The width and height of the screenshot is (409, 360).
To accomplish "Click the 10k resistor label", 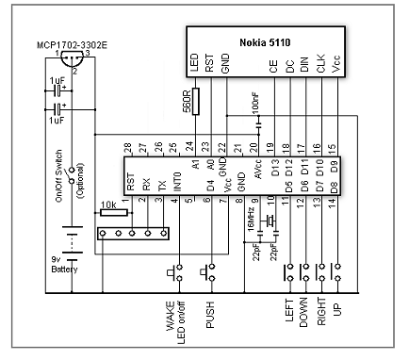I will (x=108, y=205).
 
